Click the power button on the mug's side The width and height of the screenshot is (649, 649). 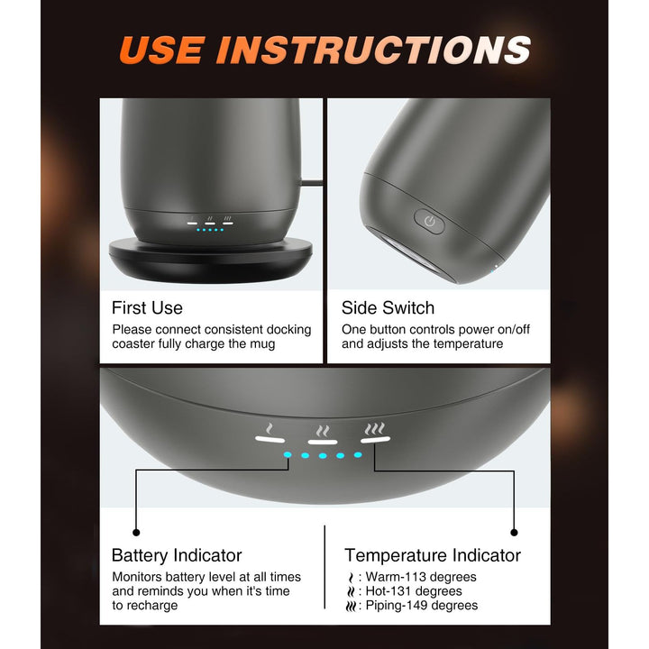pos(429,222)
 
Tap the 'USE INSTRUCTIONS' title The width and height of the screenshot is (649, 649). pos(324,50)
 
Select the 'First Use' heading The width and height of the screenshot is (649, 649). pos(147,308)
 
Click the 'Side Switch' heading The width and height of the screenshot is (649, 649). pos(388,308)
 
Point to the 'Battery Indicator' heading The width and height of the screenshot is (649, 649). pos(177,555)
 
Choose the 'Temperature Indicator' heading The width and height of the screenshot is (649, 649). pos(433,555)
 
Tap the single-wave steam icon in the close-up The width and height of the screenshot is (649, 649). pos(270,428)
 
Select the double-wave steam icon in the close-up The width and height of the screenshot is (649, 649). pos(323,431)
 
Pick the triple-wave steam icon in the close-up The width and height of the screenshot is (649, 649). pos(375,429)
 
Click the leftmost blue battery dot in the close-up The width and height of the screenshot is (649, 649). pos(288,455)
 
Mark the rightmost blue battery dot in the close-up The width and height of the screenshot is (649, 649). pos(358,454)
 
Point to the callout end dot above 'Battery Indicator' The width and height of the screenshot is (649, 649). pos(136,533)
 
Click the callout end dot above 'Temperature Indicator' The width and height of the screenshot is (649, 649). pos(514,533)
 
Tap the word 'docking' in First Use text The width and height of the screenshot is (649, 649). pos(288,330)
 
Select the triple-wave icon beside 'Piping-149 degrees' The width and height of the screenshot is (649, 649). pos(351,607)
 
